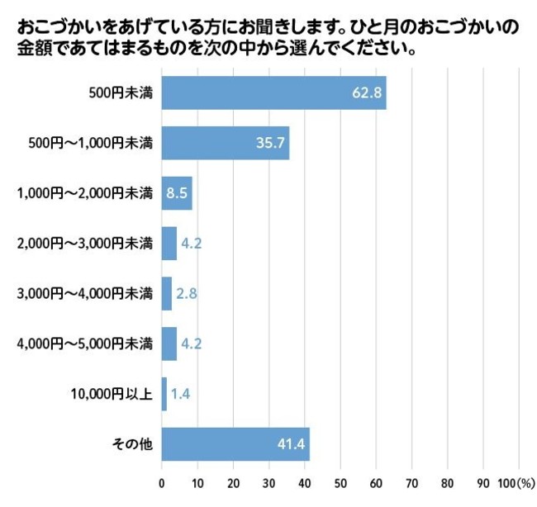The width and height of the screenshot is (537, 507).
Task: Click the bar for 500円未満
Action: coord(273,92)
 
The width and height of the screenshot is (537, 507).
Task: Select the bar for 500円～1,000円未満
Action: coord(225,143)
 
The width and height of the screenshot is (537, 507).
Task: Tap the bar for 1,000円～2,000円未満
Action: coord(176,193)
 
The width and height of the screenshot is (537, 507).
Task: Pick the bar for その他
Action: coord(235,445)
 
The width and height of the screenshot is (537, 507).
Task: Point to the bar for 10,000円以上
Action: coord(164,395)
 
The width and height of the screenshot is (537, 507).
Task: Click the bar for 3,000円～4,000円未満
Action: coord(166,294)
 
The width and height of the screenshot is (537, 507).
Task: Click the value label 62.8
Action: coord(366,92)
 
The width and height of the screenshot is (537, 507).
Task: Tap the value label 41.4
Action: coord(292,445)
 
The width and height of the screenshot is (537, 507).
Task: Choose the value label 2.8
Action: coord(186,294)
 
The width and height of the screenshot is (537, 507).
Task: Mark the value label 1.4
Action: coord(179,395)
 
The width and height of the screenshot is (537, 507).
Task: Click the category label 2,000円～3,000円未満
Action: coord(85,244)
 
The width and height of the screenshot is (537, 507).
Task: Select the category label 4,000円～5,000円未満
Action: coord(85,344)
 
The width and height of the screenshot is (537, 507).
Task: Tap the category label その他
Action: coord(132,445)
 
